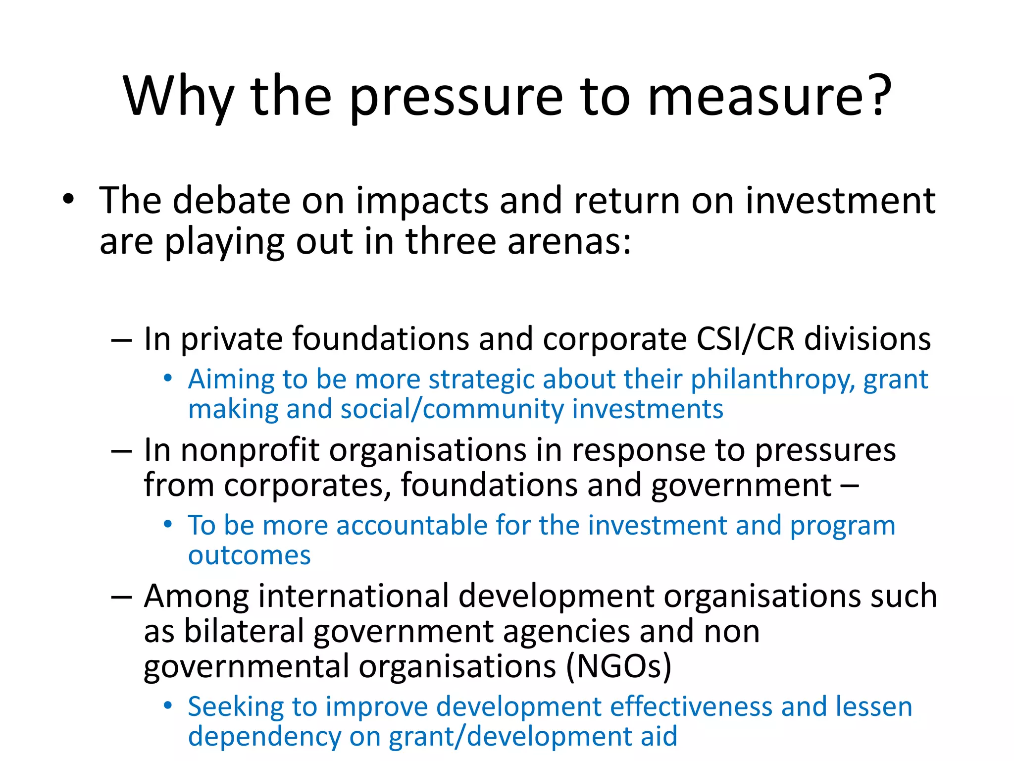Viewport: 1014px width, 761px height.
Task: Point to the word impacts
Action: coord(421,202)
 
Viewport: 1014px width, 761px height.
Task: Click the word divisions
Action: coord(867,339)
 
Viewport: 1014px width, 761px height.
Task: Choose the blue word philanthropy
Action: coord(773,380)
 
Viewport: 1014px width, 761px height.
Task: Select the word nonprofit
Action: coord(250,450)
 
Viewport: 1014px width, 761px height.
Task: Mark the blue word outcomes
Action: coord(250,556)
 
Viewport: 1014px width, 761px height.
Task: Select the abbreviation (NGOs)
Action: coord(619,666)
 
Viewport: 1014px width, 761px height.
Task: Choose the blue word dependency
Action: coord(264,737)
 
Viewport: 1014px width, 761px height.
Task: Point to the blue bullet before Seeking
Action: coord(168,705)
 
